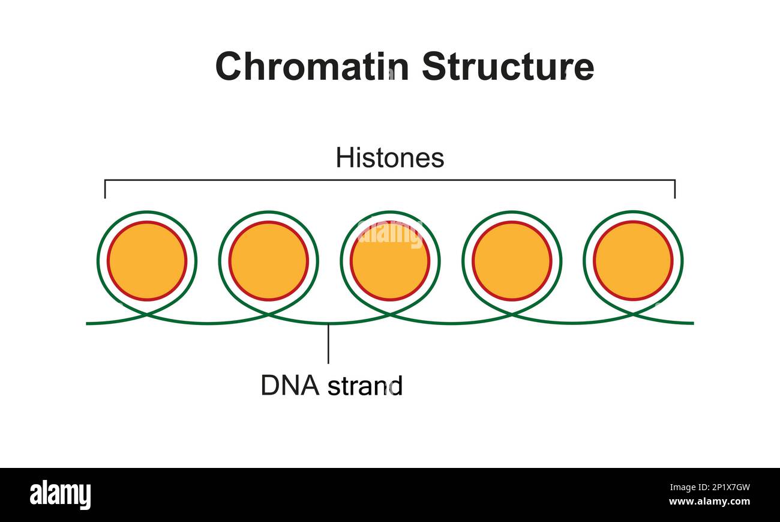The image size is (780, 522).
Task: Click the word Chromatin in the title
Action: pos(312,66)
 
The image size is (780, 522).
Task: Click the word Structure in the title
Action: pos(508,66)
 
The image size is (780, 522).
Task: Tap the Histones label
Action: pos(389,158)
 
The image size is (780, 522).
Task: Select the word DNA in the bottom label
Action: pos(290,385)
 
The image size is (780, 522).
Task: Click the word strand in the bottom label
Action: pos(365,385)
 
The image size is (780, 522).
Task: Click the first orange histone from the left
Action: pos(147,261)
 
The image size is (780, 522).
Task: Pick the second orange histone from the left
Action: pos(268,261)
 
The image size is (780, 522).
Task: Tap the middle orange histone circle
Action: pos(390,261)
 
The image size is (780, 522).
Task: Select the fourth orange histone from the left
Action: pos(512,261)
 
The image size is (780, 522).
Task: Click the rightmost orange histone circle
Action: pos(633,261)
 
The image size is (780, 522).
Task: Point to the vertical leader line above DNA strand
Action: pos(328,344)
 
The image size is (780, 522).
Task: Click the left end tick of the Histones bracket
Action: pos(105,189)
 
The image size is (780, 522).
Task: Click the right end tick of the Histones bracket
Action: pos(675,189)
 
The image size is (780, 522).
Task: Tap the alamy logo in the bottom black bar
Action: pos(60,495)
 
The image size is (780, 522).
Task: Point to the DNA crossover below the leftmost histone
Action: pos(147,314)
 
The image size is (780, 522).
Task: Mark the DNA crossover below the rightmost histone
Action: pos(633,314)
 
